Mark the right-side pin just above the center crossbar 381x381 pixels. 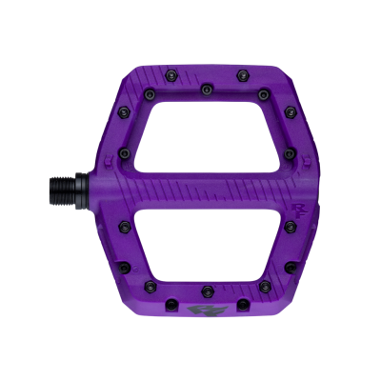289,152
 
